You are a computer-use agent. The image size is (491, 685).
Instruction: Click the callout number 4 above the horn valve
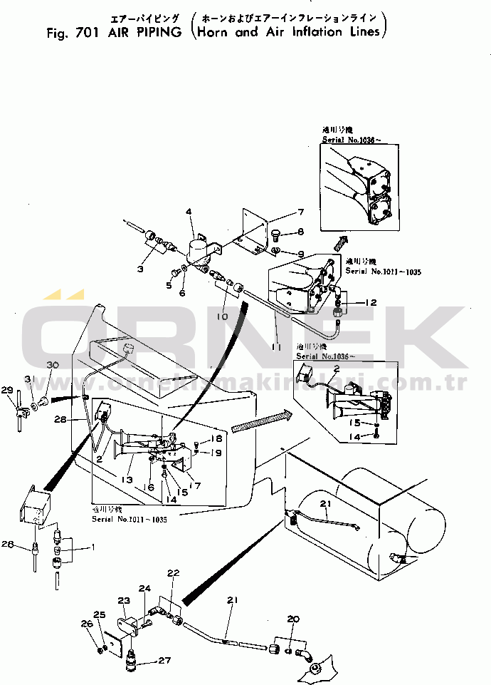tap(189, 212)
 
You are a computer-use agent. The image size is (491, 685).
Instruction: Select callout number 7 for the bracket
tap(301, 212)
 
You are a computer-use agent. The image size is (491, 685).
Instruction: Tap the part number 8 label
tap(300, 232)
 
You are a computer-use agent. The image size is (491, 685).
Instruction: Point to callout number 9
tap(300, 254)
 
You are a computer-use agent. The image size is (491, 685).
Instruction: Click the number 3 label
tap(139, 268)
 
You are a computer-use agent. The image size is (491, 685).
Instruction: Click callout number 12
tap(369, 302)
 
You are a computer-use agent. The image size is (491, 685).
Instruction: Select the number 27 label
tap(164, 661)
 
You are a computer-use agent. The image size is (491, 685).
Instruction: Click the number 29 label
tap(6, 390)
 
